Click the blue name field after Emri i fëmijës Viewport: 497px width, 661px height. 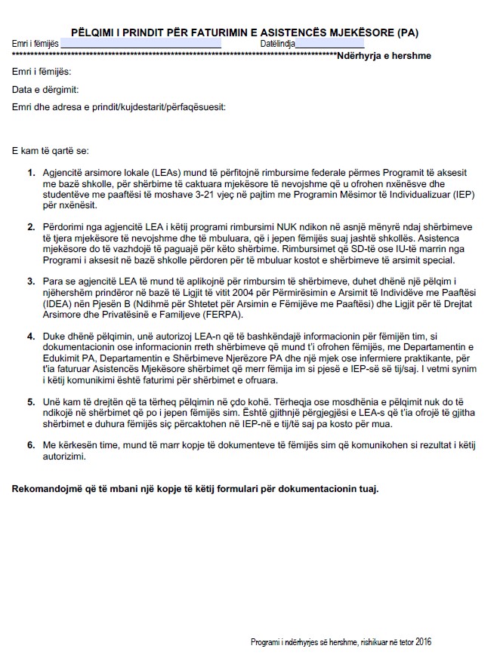140,45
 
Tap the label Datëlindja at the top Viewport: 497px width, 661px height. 278,45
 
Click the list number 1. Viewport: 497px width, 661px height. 31,173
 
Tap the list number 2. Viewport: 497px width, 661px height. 31,226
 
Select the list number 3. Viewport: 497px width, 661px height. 31,280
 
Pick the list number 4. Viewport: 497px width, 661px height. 31,334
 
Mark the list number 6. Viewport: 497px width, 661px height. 31,445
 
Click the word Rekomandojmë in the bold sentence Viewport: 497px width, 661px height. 45,488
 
